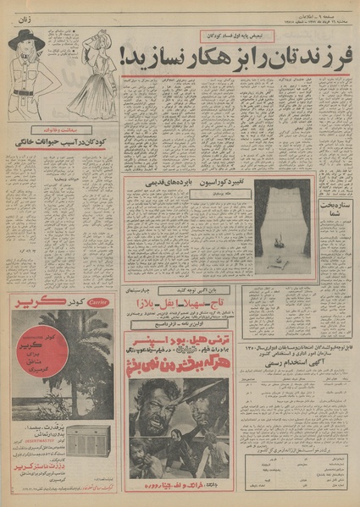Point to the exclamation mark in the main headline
coord(125,57)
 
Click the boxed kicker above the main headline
coord(235,36)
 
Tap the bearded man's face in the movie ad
coord(170,418)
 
